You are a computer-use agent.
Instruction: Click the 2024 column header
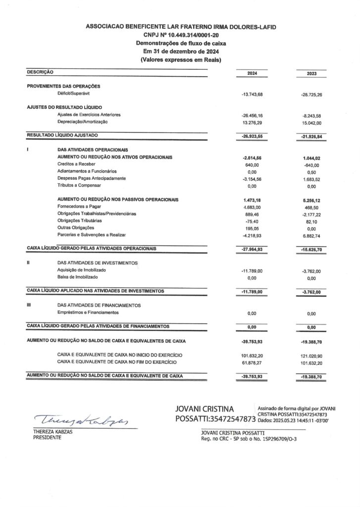click(252, 74)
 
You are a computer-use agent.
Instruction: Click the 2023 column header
click(311, 74)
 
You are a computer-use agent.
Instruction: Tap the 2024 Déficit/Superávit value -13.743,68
click(252, 94)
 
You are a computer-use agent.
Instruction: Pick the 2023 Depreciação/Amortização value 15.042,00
click(311, 122)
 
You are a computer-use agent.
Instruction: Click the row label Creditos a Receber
click(76, 164)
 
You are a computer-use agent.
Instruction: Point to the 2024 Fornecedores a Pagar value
click(252, 207)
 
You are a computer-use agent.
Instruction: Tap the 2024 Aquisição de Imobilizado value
click(252, 271)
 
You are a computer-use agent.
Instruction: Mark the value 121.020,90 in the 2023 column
click(311, 355)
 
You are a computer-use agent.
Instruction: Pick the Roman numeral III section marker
click(29, 305)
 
